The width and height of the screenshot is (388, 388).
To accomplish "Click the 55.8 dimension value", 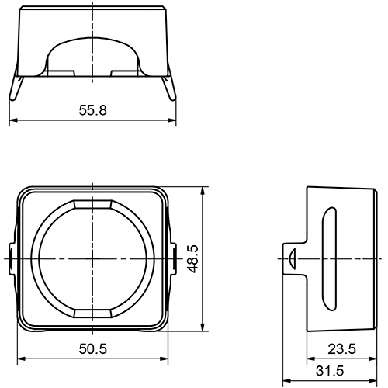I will tap(92, 109).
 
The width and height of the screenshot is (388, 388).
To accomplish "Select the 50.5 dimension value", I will tap(92, 349).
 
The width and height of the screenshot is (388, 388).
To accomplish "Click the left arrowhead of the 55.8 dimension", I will tap(12, 120).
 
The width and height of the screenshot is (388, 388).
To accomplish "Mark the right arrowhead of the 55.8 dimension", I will tap(173, 120).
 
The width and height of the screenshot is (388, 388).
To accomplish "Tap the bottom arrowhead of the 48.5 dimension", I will tap(203, 328).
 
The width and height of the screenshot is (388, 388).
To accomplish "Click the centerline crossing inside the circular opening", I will tap(92, 257).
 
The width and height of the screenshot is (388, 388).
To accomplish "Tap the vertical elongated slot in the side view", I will tap(327, 256).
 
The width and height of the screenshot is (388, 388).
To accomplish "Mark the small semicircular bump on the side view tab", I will tap(289, 257).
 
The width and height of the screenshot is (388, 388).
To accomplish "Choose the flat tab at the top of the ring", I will tap(92, 204).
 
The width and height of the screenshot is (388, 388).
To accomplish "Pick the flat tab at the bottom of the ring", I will tap(92, 312).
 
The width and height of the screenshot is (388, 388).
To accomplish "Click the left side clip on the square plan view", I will tap(11, 257).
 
